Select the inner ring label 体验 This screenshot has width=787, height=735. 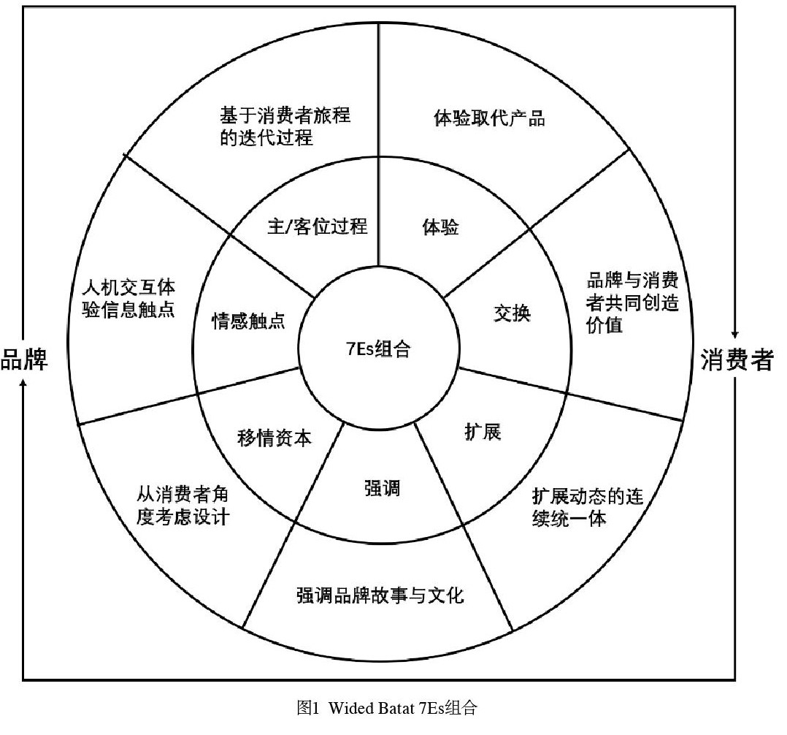(440, 227)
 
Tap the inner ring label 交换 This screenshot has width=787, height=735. (512, 313)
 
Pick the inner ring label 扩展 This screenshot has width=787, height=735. (483, 431)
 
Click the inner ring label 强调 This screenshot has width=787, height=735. (382, 487)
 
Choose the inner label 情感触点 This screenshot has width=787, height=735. (248, 321)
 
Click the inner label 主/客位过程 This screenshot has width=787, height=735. (318, 226)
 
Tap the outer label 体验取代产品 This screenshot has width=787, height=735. (489, 118)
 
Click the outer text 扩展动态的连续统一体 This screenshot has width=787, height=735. (587, 508)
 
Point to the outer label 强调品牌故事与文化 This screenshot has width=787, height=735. (380, 595)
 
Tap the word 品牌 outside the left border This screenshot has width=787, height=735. (24, 359)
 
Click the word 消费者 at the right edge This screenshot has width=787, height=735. (737, 359)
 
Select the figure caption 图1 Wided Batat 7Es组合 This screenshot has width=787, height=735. (387, 707)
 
